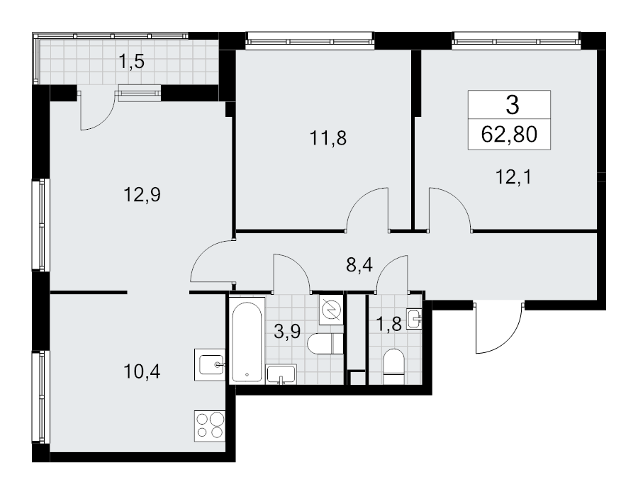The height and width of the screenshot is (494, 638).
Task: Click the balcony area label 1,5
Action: point(131,62)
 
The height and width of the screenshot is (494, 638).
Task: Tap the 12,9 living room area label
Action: point(142,195)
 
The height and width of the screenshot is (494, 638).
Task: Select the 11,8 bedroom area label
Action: point(328,138)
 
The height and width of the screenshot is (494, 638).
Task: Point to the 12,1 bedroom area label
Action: point(513,177)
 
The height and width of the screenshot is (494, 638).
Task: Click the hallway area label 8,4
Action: point(359,265)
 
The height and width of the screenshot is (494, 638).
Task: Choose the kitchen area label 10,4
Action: point(142,371)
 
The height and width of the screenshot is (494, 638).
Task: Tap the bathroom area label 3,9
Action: point(287,332)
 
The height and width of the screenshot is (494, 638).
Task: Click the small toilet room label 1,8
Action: point(388,325)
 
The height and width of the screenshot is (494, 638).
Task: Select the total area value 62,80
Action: point(509,134)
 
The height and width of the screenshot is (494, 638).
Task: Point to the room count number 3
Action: point(513,105)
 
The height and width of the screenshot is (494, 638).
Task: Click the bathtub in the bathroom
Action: point(247,339)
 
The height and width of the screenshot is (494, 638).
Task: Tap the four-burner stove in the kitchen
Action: point(210,426)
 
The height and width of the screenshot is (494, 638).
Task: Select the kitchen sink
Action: point(210,364)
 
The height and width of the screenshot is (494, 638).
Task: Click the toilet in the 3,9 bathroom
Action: point(325,344)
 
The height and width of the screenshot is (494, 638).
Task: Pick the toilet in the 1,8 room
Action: point(393,366)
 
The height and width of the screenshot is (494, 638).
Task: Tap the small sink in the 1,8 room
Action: point(414,318)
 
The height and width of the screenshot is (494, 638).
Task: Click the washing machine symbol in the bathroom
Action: point(331,310)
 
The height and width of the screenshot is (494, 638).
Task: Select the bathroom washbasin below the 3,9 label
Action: point(281,374)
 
